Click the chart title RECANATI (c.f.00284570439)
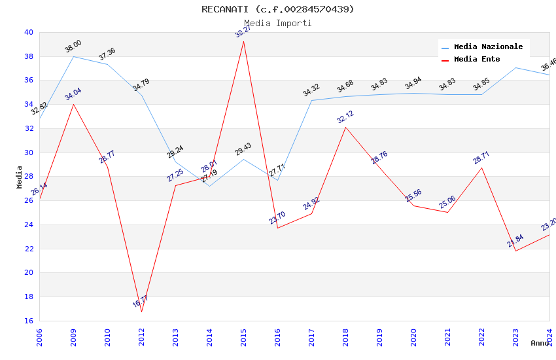coord(278,9)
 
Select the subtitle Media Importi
coord(278,23)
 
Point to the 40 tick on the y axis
coord(29,32)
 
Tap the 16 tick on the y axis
coord(29,321)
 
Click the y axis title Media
coord(20,177)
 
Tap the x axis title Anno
coord(540,343)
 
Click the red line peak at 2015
coord(243,41)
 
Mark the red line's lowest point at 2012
coord(141,312)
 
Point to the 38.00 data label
coord(73,46)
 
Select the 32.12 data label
coord(345,117)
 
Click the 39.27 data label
coord(243,31)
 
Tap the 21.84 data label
coord(515,241)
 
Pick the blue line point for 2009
coord(73,56)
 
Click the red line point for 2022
coord(481,168)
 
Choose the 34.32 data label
coord(311,90)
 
